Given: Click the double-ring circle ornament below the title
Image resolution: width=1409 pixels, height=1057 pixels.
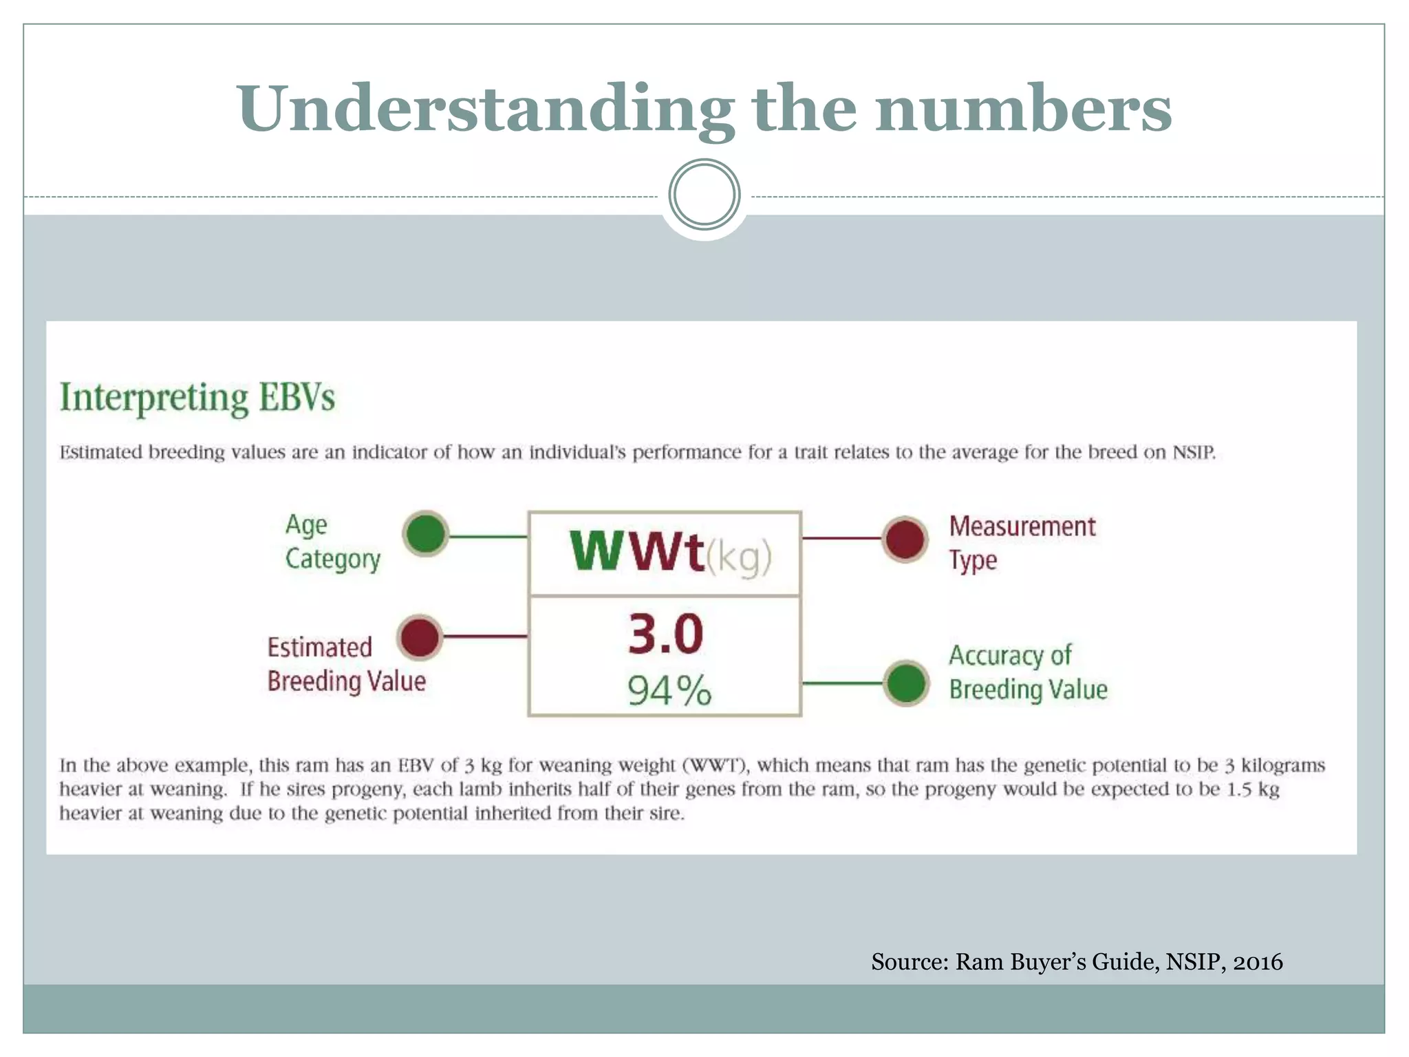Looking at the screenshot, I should point(704,195).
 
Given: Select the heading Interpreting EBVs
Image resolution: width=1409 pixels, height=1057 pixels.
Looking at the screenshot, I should point(197,398).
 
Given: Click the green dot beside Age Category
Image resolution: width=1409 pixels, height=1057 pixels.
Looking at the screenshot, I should point(426,533).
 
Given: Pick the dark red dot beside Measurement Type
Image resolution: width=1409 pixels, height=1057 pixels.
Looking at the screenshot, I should point(905,539).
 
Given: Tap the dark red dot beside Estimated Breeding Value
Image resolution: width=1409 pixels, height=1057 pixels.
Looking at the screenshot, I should point(420,637).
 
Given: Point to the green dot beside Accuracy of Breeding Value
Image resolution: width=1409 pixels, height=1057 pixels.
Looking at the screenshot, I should point(907,683).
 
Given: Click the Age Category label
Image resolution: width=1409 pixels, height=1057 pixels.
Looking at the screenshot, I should point(332,542).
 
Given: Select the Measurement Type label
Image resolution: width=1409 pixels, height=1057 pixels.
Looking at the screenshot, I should point(1022,543).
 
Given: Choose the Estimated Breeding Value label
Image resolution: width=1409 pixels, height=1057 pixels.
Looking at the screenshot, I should point(346,664).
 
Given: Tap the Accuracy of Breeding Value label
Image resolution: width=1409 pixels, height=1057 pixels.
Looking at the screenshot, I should point(1028,672).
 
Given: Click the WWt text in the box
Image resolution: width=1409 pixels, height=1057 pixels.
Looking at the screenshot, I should point(637,552).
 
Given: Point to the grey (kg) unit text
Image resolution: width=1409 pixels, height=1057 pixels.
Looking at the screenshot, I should point(740,556).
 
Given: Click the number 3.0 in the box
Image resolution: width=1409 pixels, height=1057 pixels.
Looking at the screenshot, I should point(665,634).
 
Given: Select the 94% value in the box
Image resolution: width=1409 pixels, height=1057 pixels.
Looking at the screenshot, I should point(669,690).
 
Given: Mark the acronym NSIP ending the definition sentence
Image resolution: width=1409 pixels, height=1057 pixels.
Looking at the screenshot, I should point(1194,453).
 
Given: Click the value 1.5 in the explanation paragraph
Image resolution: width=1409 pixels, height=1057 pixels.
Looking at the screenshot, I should point(1240,789).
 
